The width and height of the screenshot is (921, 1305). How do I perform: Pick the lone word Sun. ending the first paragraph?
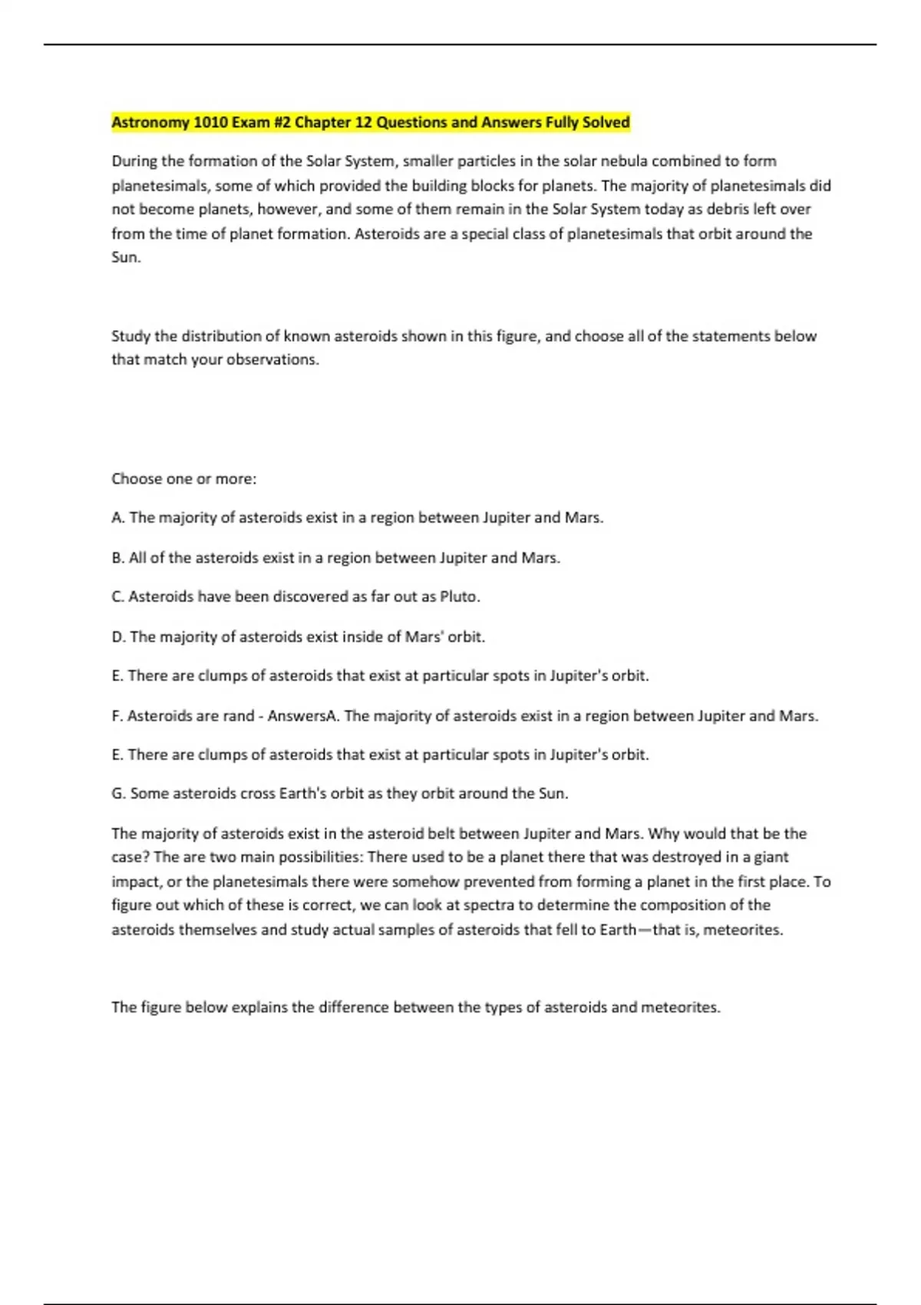point(126,257)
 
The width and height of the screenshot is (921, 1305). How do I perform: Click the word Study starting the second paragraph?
point(130,336)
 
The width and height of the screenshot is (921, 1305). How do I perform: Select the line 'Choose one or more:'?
point(184,479)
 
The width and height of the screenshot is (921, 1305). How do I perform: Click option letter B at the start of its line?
point(117,558)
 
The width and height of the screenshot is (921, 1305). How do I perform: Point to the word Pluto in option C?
point(460,596)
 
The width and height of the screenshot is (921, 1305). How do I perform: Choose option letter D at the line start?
point(118,637)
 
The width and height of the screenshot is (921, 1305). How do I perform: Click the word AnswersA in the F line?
point(302,716)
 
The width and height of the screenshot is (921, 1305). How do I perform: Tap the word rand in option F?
point(238,716)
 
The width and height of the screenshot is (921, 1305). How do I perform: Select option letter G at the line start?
point(118,794)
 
